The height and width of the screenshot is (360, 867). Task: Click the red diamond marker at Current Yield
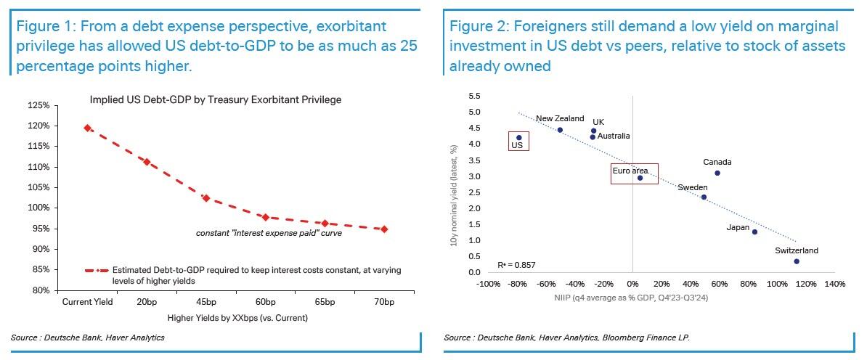pyautogui.click(x=87, y=128)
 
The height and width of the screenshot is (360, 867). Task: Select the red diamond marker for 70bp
pyautogui.click(x=384, y=229)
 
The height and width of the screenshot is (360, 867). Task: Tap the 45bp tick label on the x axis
pyautogui.click(x=205, y=302)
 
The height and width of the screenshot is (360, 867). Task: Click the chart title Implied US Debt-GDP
pyautogui.click(x=215, y=99)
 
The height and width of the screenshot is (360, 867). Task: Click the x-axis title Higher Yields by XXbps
pyautogui.click(x=237, y=318)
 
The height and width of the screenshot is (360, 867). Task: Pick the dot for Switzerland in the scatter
pyautogui.click(x=797, y=261)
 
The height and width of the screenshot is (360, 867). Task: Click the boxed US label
pyautogui.click(x=517, y=145)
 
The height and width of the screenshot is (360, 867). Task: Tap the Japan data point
pyautogui.click(x=754, y=232)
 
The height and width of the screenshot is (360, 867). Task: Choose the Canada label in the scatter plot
pyautogui.click(x=717, y=163)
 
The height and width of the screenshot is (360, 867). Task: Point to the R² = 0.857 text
pyautogui.click(x=516, y=265)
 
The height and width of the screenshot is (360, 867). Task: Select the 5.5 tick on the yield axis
pyautogui.click(x=474, y=97)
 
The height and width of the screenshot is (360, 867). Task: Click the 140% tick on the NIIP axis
pyautogui.click(x=834, y=284)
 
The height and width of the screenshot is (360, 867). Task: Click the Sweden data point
pyautogui.click(x=704, y=197)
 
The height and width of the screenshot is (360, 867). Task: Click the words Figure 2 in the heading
pyautogui.click(x=476, y=27)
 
